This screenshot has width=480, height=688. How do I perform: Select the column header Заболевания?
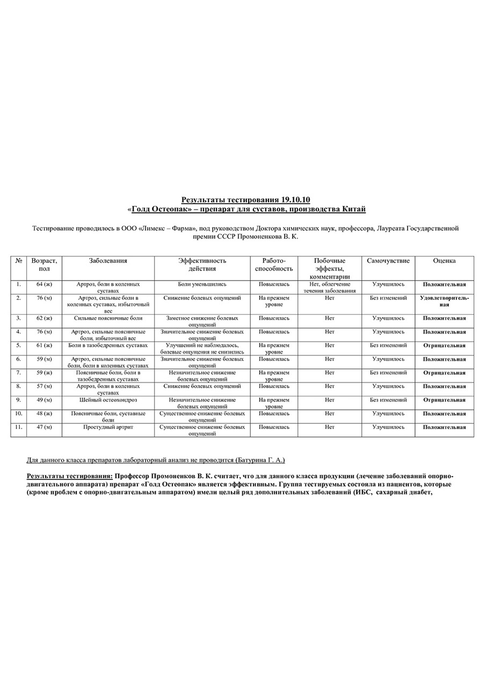pos(108,261)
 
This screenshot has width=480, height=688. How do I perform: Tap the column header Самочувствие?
pos(388,261)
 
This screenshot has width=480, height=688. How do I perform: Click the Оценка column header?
pos(444,261)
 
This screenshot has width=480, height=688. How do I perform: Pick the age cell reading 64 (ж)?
pos(45,284)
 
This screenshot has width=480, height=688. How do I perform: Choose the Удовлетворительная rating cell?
pos(444,301)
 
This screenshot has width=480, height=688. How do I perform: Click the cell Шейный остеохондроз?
pos(108,400)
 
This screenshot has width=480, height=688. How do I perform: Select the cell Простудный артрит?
pos(108,427)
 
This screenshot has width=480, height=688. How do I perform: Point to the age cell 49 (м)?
pos(45,400)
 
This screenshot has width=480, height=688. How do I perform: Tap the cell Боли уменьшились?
pos(202,284)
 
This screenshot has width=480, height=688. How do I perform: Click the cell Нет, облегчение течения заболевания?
pos(330,287)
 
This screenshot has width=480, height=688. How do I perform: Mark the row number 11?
pos(19,427)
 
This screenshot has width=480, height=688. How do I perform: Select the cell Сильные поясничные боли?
pos(108,318)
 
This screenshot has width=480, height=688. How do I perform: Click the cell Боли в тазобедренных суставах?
pos(108,345)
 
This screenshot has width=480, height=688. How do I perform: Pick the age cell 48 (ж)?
pos(45,414)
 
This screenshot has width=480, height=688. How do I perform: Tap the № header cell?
pos(19,261)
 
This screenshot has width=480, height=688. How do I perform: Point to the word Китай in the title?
pos(354,209)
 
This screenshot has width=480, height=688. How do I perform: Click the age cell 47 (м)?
pos(45,427)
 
